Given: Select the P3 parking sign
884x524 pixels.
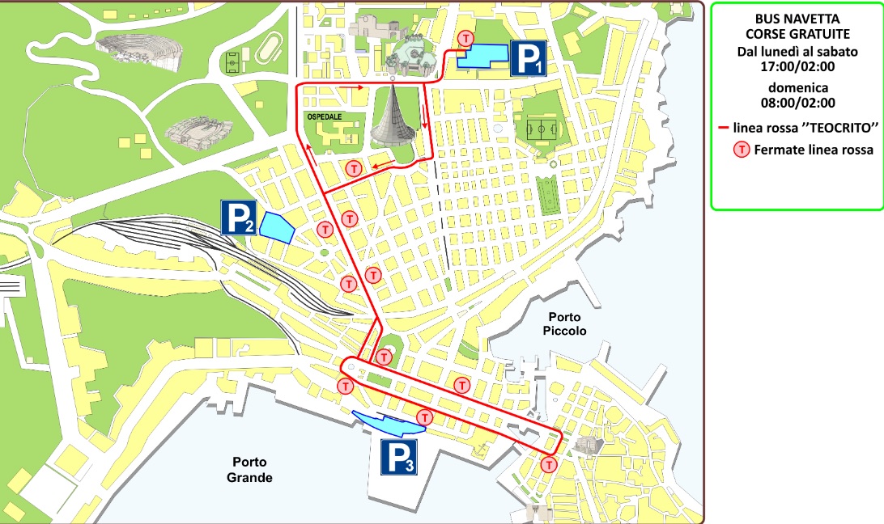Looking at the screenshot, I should [399, 457].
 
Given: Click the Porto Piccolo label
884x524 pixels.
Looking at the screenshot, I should [566, 324].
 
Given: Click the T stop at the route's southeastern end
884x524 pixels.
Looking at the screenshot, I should [550, 465].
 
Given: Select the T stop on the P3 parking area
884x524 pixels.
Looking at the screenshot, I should [424, 417].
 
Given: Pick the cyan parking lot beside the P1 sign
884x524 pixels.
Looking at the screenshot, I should [483, 56].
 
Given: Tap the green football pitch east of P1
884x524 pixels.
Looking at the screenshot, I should [540, 128].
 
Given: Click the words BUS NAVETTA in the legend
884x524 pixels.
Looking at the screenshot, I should [797, 19].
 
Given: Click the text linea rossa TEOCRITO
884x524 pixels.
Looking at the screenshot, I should [805, 128].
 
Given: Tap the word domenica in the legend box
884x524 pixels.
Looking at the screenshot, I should [797, 87].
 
